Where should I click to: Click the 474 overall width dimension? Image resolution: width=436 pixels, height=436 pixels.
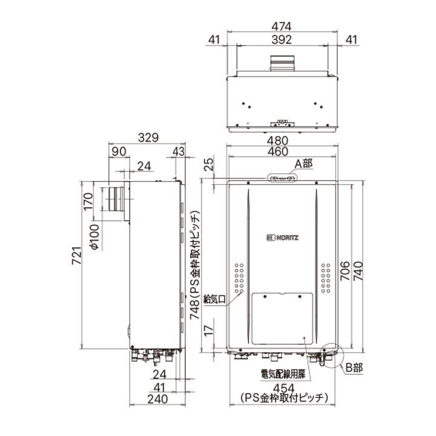[x=282, y=27]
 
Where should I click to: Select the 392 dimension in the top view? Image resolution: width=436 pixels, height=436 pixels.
[x=282, y=40]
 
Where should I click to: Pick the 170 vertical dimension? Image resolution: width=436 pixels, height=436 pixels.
[x=88, y=201]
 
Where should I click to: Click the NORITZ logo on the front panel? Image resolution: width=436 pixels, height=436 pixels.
[x=282, y=237]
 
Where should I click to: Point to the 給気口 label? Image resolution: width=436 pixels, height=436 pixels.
[x=215, y=299]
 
